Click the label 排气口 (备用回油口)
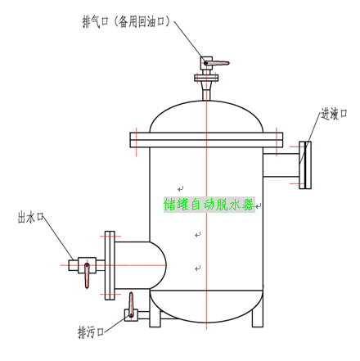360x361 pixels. coord(126,21)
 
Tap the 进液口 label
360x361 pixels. coord(334,114)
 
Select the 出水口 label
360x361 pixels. coord(31,217)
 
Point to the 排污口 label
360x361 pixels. coord(91,332)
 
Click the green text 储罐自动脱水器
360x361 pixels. coord(209,205)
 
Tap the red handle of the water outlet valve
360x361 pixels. coord(87,276)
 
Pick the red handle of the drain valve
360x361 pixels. coord(131,305)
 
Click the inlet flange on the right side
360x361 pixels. coord(305,165)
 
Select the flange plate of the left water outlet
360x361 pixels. coord(110,265)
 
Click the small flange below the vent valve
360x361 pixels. coord(206,78)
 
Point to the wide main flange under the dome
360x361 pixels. coord(206,140)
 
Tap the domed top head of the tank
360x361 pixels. coord(206,116)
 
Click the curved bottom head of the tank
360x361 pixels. coord(206,306)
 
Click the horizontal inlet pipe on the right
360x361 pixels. coord(281,165)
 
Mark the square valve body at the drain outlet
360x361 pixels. coord(131,315)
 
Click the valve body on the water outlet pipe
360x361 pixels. coord(87,265)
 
